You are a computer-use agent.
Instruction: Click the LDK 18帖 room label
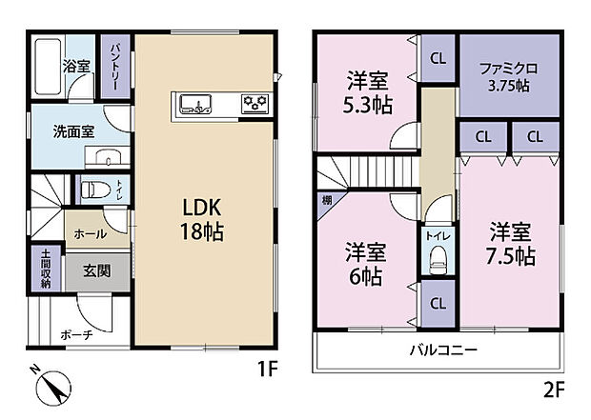202,218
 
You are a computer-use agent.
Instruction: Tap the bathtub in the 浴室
45,66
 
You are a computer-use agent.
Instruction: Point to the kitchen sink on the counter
194,103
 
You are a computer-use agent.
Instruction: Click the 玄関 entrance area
96,270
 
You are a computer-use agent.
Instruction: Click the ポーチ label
75,335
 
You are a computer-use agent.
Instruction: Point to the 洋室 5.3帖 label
365,92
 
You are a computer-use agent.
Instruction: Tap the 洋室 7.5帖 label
512,244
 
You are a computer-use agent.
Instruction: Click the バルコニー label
444,350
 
